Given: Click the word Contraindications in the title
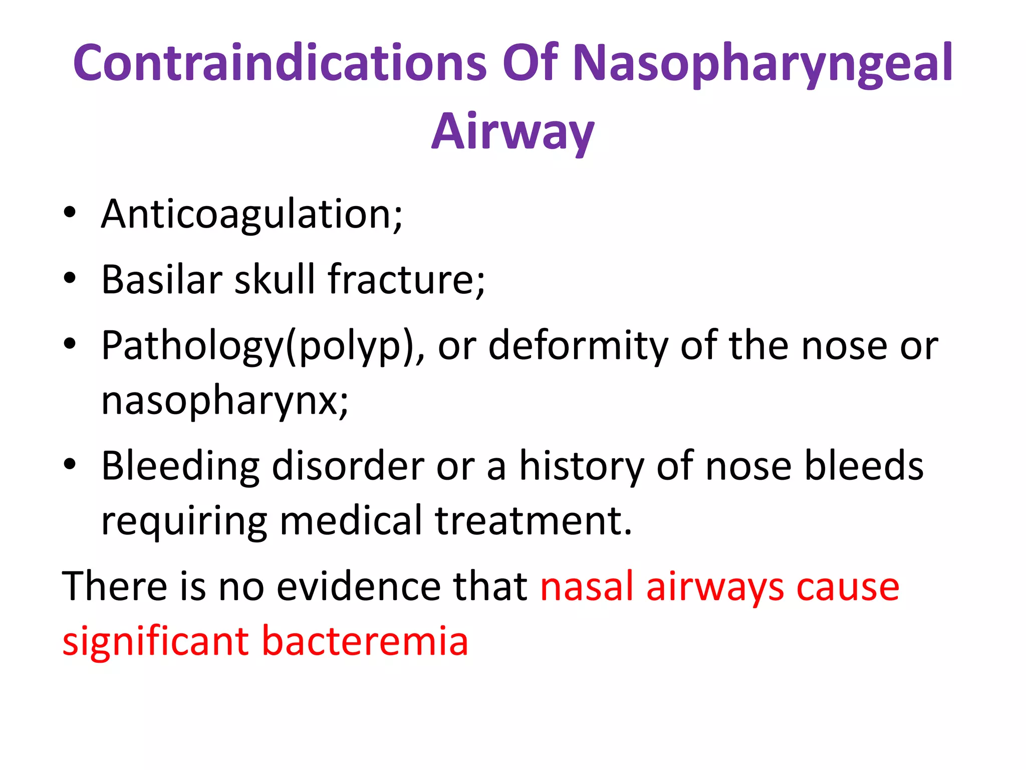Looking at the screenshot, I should coord(280,63).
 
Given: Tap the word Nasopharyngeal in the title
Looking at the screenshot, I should coord(762,64).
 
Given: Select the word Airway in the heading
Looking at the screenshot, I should coord(512,131).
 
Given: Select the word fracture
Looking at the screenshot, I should coord(406,279).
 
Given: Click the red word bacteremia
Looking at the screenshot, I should coord(365,641).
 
